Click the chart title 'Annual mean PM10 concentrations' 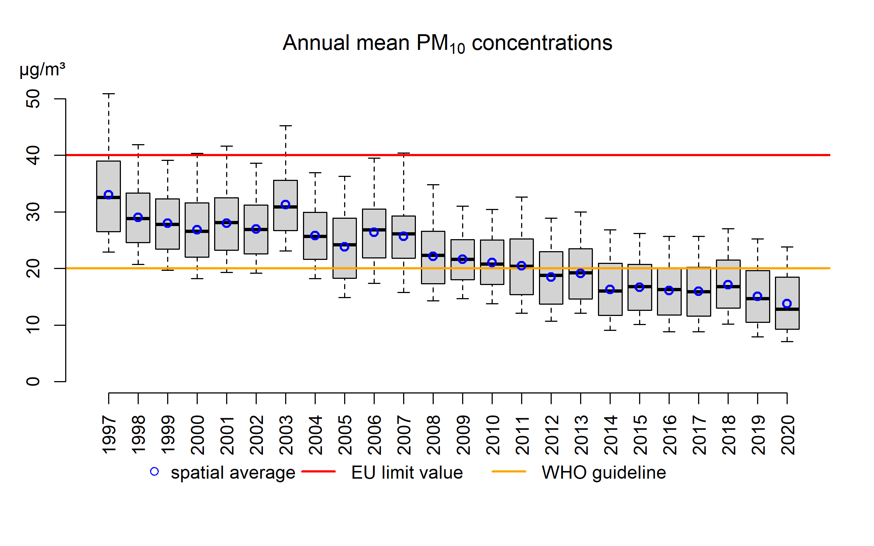pyautogui.click(x=447, y=43)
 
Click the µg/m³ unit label pyautogui.click(x=42, y=69)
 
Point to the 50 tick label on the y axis pyautogui.click(x=34, y=99)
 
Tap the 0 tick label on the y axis pyautogui.click(x=34, y=381)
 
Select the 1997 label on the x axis pyautogui.click(x=109, y=435)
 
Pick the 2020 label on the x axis pyautogui.click(x=788, y=435)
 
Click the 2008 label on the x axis pyautogui.click(x=433, y=435)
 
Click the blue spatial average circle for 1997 pyautogui.click(x=109, y=195)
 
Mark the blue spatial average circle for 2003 pyautogui.click(x=286, y=205)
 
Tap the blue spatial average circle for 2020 pyautogui.click(x=787, y=304)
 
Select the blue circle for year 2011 pyautogui.click(x=521, y=266)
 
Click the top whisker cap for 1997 pyautogui.click(x=109, y=94)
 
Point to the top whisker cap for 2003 pyautogui.click(x=286, y=126)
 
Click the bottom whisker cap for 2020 pyautogui.click(x=787, y=341)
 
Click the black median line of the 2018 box pyautogui.click(x=728, y=287)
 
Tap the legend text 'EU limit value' pyautogui.click(x=407, y=473)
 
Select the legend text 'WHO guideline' pyautogui.click(x=604, y=473)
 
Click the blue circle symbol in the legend pyautogui.click(x=154, y=472)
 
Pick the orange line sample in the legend pyautogui.click(x=509, y=472)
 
